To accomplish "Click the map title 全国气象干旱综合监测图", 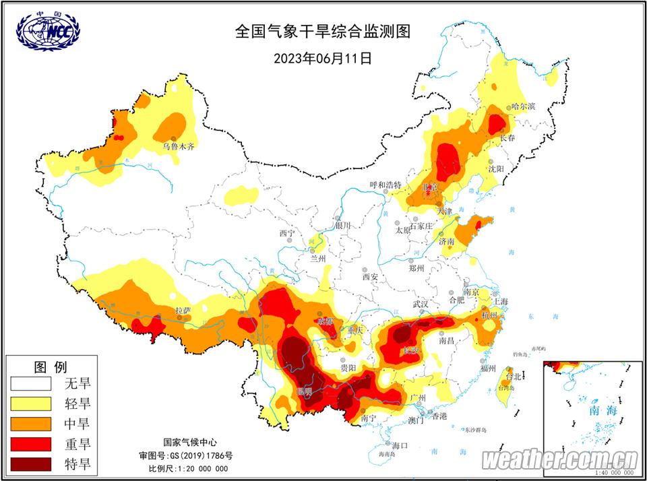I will click(x=322, y=31).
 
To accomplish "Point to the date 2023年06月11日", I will click(x=322, y=58).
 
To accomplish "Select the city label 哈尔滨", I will click(x=523, y=106).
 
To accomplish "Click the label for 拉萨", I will click(x=183, y=311).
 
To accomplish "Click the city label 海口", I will click(x=400, y=446).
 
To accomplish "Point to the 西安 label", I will click(x=371, y=276).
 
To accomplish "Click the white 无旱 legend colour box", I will click(x=31, y=384).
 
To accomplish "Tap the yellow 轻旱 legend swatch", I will click(x=31, y=404).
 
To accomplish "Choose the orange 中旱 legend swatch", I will click(x=31, y=424).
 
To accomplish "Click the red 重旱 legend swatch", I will click(x=31, y=443).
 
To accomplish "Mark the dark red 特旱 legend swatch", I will click(x=31, y=463).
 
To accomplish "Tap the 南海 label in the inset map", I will click(x=602, y=409).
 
